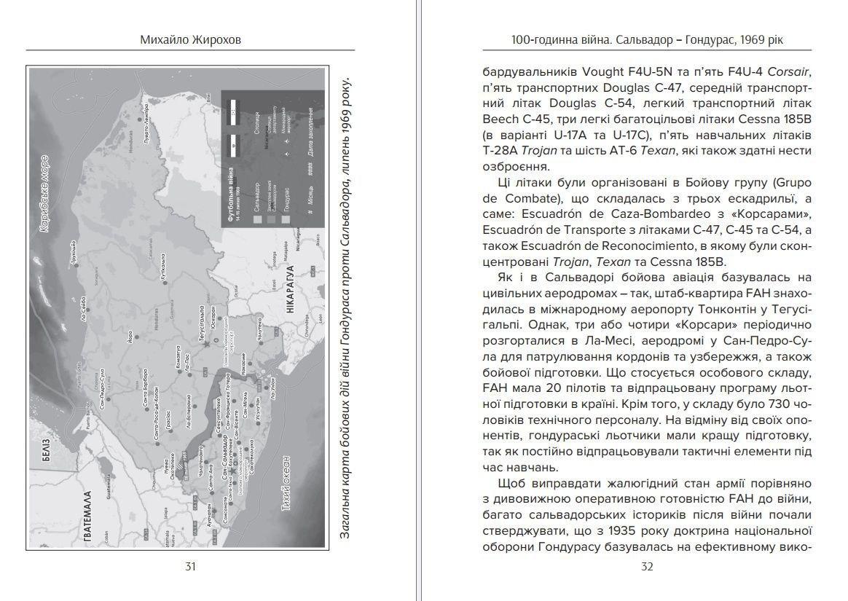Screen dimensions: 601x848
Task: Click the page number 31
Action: tap(190, 566)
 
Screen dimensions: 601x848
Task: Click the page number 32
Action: tap(646, 566)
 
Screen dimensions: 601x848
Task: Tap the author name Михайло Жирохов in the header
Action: tap(190, 40)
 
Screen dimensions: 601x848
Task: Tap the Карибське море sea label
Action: tap(46, 193)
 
